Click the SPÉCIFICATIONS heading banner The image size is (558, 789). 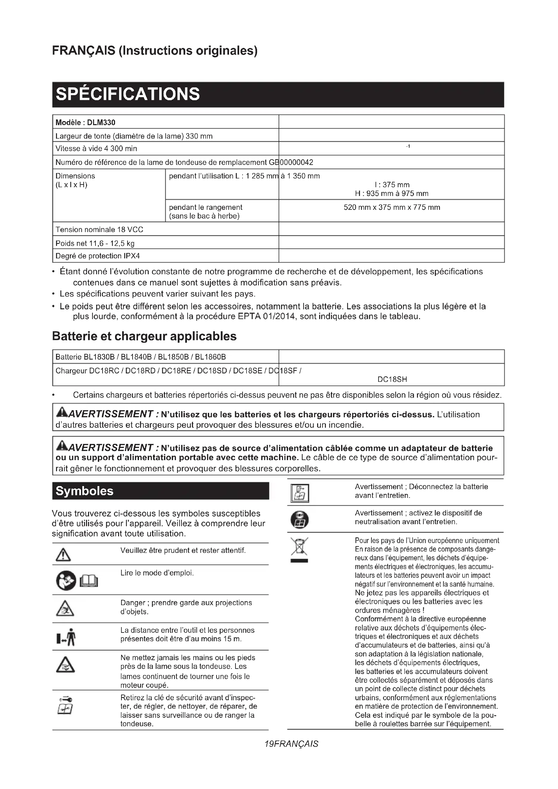point(278,94)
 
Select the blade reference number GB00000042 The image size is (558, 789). point(290,162)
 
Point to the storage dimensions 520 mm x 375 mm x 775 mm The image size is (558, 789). point(391,207)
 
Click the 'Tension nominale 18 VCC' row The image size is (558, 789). point(99,230)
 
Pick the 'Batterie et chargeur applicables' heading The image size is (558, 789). point(144,336)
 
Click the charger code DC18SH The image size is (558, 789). point(392,379)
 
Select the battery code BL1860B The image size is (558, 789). point(210,357)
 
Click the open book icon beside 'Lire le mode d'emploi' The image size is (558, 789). point(89,582)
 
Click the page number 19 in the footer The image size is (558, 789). point(269,744)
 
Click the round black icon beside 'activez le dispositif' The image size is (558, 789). point(299,520)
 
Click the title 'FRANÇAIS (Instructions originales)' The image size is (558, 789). point(155,51)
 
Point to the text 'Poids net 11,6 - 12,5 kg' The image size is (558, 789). point(95,244)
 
